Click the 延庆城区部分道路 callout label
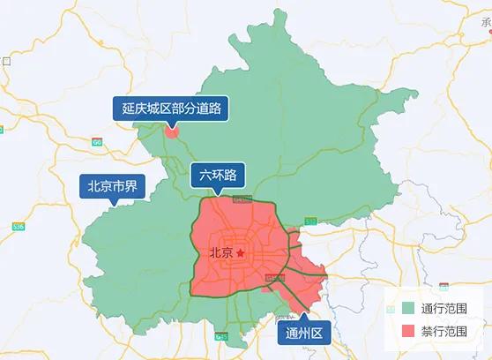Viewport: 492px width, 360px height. pyautogui.click(x=171, y=109)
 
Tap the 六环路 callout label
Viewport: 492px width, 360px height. pyautogui.click(x=218, y=174)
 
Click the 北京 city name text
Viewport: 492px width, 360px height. pyautogui.click(x=221, y=253)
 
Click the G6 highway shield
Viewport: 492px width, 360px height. pyautogui.click(x=96, y=141)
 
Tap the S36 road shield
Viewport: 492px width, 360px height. pyautogui.click(x=18, y=227)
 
